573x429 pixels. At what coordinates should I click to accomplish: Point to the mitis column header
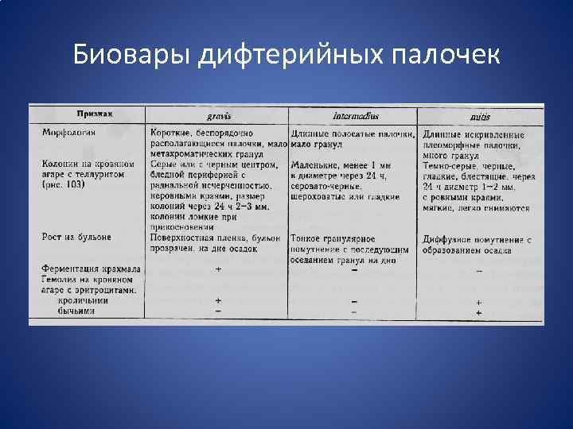[x=481, y=117]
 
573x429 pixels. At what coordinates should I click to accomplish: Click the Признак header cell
[x=95, y=114]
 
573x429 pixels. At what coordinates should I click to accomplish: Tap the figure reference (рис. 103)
[x=64, y=184]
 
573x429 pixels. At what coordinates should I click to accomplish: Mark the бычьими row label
[x=76, y=311]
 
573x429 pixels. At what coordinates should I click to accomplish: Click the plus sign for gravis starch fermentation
[x=218, y=269]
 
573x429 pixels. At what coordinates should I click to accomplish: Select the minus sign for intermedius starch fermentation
[x=353, y=270]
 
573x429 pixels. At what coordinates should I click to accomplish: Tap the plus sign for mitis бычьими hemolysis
[x=478, y=313]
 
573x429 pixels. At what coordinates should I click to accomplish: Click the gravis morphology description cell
[x=216, y=143]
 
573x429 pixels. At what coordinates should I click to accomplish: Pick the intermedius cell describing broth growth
[x=351, y=249]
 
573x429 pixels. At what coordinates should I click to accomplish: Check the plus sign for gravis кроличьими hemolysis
[x=218, y=301]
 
